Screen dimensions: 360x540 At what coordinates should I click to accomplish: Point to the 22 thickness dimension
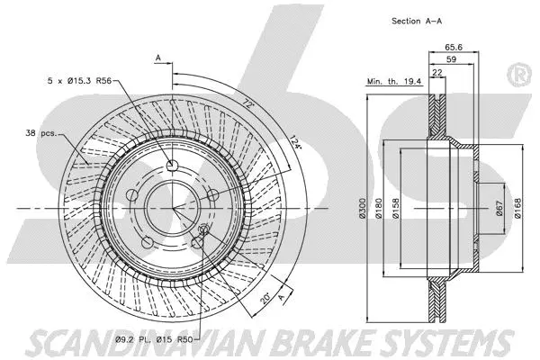click(x=436, y=73)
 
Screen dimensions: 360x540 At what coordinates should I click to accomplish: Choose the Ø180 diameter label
click(x=382, y=209)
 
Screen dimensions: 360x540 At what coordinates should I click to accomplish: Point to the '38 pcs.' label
click(x=42, y=133)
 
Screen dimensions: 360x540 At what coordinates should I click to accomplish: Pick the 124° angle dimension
click(x=296, y=145)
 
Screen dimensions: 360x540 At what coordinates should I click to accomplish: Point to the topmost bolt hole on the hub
click(x=172, y=164)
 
